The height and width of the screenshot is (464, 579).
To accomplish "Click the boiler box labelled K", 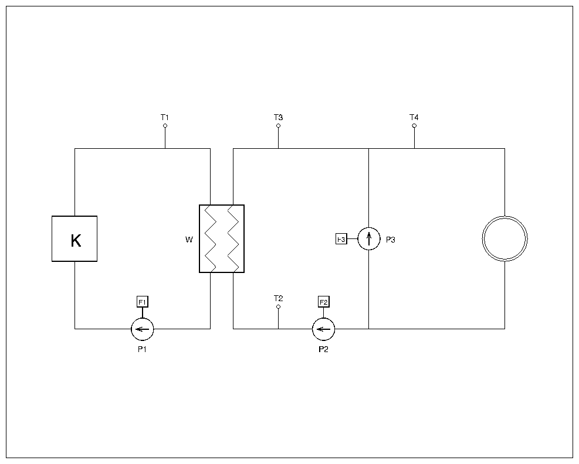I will pyautogui.click(x=75, y=238).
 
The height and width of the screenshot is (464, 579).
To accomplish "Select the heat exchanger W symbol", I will pyautogui.click(x=222, y=238).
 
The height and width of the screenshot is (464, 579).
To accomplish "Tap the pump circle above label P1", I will pyautogui.click(x=142, y=329).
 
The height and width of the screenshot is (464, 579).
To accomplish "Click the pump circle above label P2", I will pyautogui.click(x=323, y=329).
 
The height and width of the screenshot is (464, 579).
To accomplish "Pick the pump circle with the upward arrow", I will pyautogui.click(x=369, y=238).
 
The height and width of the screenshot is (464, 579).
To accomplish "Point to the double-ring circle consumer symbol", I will pyautogui.click(x=504, y=238).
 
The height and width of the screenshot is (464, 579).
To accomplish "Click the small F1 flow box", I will pyautogui.click(x=143, y=302).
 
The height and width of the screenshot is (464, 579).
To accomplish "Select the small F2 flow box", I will pyautogui.click(x=324, y=302).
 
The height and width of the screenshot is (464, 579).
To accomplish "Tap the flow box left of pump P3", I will pyautogui.click(x=341, y=239).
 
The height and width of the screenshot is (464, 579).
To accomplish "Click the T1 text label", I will pyautogui.click(x=165, y=118).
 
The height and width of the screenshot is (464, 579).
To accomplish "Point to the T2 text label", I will pyautogui.click(x=278, y=299).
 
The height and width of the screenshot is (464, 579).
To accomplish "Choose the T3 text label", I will pyautogui.click(x=278, y=118).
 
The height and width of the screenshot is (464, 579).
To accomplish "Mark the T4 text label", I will pyautogui.click(x=414, y=118).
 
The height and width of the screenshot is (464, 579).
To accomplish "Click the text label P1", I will pyautogui.click(x=142, y=349).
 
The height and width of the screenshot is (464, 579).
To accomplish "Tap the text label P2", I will pyautogui.click(x=323, y=349).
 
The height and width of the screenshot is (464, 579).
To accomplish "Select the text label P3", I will pyautogui.click(x=391, y=239).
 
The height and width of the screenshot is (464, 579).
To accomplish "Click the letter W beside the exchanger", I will pyautogui.click(x=189, y=239).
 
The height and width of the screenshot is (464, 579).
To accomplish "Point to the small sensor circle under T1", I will pyautogui.click(x=165, y=125).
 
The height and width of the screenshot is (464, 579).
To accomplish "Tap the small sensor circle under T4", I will pyautogui.click(x=414, y=125).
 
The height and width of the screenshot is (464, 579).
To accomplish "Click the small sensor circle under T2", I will pyautogui.click(x=278, y=306).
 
